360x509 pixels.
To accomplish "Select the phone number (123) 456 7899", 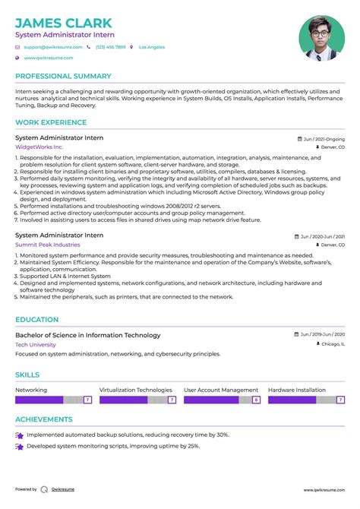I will point(111,47).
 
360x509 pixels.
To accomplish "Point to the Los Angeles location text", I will point(151,47).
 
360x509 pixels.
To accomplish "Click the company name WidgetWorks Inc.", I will point(39,147).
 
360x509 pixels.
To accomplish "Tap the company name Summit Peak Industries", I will point(47,245).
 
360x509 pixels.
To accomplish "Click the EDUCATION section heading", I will point(37,320).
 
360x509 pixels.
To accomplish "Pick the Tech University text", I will point(36,344).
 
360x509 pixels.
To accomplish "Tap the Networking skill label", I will point(31,390).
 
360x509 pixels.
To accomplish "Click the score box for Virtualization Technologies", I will point(172,400).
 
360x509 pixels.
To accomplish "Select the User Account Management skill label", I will point(221,390).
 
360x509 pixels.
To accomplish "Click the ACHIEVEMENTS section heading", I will point(44,419).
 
